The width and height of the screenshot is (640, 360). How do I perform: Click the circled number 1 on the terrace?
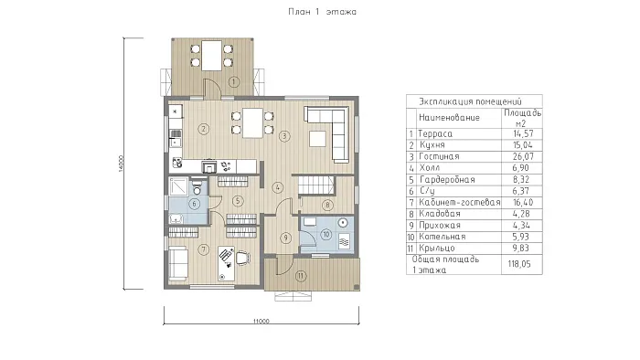[x=234, y=82]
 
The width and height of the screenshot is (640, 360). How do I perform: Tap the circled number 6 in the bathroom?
[x=194, y=204]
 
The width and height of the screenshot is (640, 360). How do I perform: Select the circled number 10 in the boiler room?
[x=326, y=235]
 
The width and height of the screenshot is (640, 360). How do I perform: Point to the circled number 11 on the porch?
[x=301, y=276]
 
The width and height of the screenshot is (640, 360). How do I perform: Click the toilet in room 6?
[x=197, y=187]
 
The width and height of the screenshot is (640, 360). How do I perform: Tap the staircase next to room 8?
[x=316, y=185]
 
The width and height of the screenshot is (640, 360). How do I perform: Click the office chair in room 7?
[x=242, y=258]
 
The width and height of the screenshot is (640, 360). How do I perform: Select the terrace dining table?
[x=212, y=55]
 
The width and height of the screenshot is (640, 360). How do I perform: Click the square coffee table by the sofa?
[x=317, y=139]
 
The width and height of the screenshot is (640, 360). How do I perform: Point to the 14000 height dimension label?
[x=121, y=164]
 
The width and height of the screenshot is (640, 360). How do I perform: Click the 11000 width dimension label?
[x=261, y=321]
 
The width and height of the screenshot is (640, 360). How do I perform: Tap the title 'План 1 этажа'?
[x=322, y=12]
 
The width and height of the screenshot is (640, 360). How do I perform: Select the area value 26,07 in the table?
[x=523, y=156]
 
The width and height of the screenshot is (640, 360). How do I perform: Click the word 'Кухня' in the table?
[x=432, y=144]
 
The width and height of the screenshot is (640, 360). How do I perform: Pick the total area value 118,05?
[x=519, y=264]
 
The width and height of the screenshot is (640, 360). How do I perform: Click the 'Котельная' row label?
[x=443, y=237]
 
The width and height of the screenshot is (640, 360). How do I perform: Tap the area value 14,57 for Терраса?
[x=523, y=133]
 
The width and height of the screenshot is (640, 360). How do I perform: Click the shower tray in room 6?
[x=179, y=186]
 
